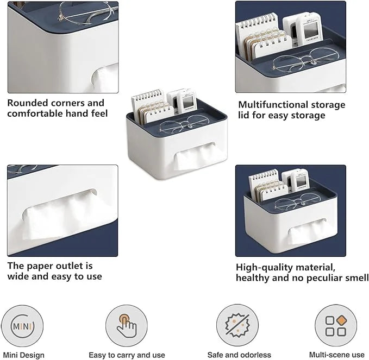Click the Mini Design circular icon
pos(22,326)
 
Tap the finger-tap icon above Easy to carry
pos(126,326)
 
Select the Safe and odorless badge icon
pos(233,326)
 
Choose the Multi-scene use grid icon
pos(335,326)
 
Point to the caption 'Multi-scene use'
pos(336,355)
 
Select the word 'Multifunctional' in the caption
pos(272,105)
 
